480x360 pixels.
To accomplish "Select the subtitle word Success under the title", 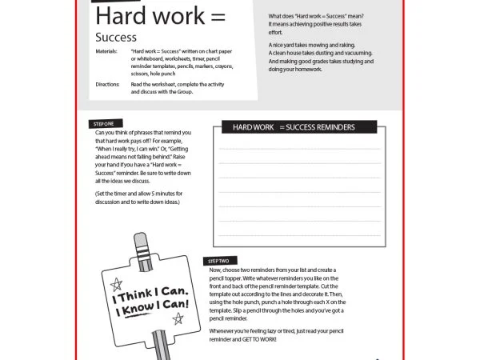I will click(115, 37).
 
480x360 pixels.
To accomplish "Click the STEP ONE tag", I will click(103, 124).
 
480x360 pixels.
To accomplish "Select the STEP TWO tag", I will click(218, 262).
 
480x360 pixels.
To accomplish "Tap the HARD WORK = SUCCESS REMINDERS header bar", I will click(294, 127).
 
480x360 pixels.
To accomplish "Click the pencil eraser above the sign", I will click(142, 242).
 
